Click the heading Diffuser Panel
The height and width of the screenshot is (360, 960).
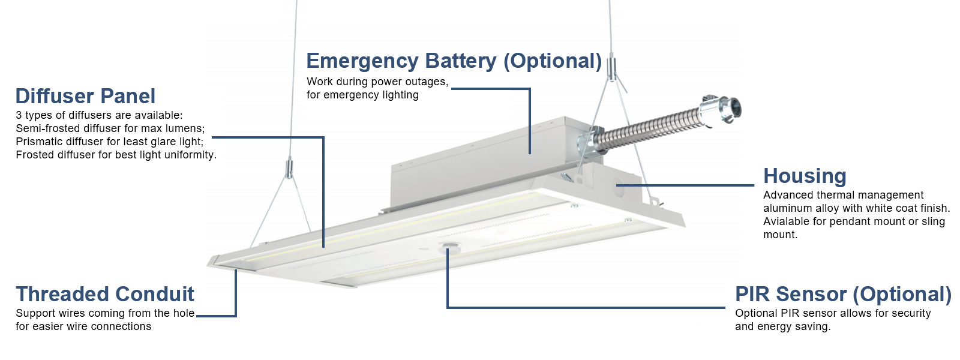85,96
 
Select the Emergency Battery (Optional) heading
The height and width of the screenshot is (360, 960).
454,61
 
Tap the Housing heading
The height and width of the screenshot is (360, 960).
805,176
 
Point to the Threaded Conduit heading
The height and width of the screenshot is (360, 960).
105,294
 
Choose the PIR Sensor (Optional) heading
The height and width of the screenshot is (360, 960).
843,294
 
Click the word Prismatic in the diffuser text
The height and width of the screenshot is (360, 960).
41,142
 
